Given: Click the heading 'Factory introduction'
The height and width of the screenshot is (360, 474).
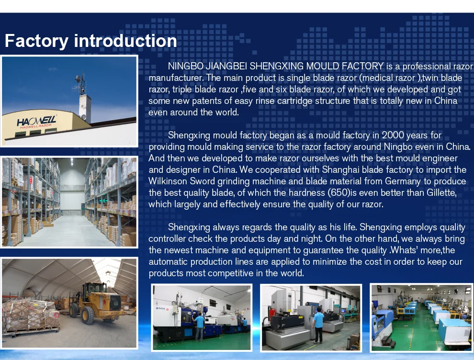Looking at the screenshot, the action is tap(90, 41).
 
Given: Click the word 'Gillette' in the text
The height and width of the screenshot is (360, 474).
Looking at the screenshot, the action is tap(441, 192).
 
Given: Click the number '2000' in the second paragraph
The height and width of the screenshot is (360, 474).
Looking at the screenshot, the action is tap(393, 135).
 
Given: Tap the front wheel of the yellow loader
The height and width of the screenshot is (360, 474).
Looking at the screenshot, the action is tap(88, 315).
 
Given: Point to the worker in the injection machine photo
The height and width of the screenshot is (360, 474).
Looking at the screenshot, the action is tap(199, 326).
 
